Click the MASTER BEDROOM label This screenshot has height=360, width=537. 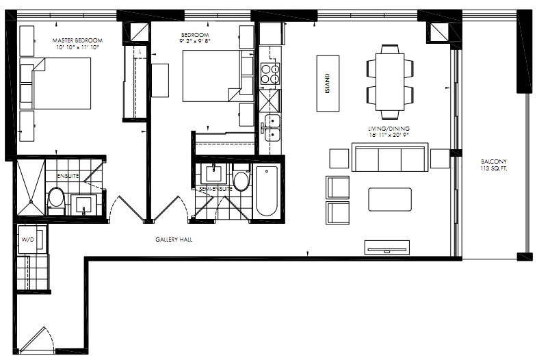click(x=77, y=40)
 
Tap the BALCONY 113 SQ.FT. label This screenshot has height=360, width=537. click(x=493, y=165)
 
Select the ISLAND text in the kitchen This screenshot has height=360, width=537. click(x=328, y=83)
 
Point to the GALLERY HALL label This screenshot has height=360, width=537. click(x=174, y=240)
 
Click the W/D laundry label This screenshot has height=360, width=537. click(x=28, y=240)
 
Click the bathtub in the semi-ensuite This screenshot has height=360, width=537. click(x=266, y=191)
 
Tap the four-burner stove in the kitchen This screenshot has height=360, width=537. click(x=270, y=74)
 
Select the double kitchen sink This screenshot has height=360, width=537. click(x=270, y=128)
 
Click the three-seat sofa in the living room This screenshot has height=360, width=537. click(x=390, y=157)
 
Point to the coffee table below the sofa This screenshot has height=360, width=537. click(x=390, y=199)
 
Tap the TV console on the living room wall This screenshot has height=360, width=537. click(x=387, y=247)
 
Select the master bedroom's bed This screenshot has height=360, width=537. click(x=55, y=83)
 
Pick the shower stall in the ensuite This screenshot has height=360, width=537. click(x=31, y=188)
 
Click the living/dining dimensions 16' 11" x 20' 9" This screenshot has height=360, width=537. click(x=389, y=135)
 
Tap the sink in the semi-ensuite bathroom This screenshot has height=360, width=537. click(x=213, y=174)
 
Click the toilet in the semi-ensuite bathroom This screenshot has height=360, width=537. click(x=241, y=177)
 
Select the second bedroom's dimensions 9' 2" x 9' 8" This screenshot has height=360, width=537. click(x=195, y=40)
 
